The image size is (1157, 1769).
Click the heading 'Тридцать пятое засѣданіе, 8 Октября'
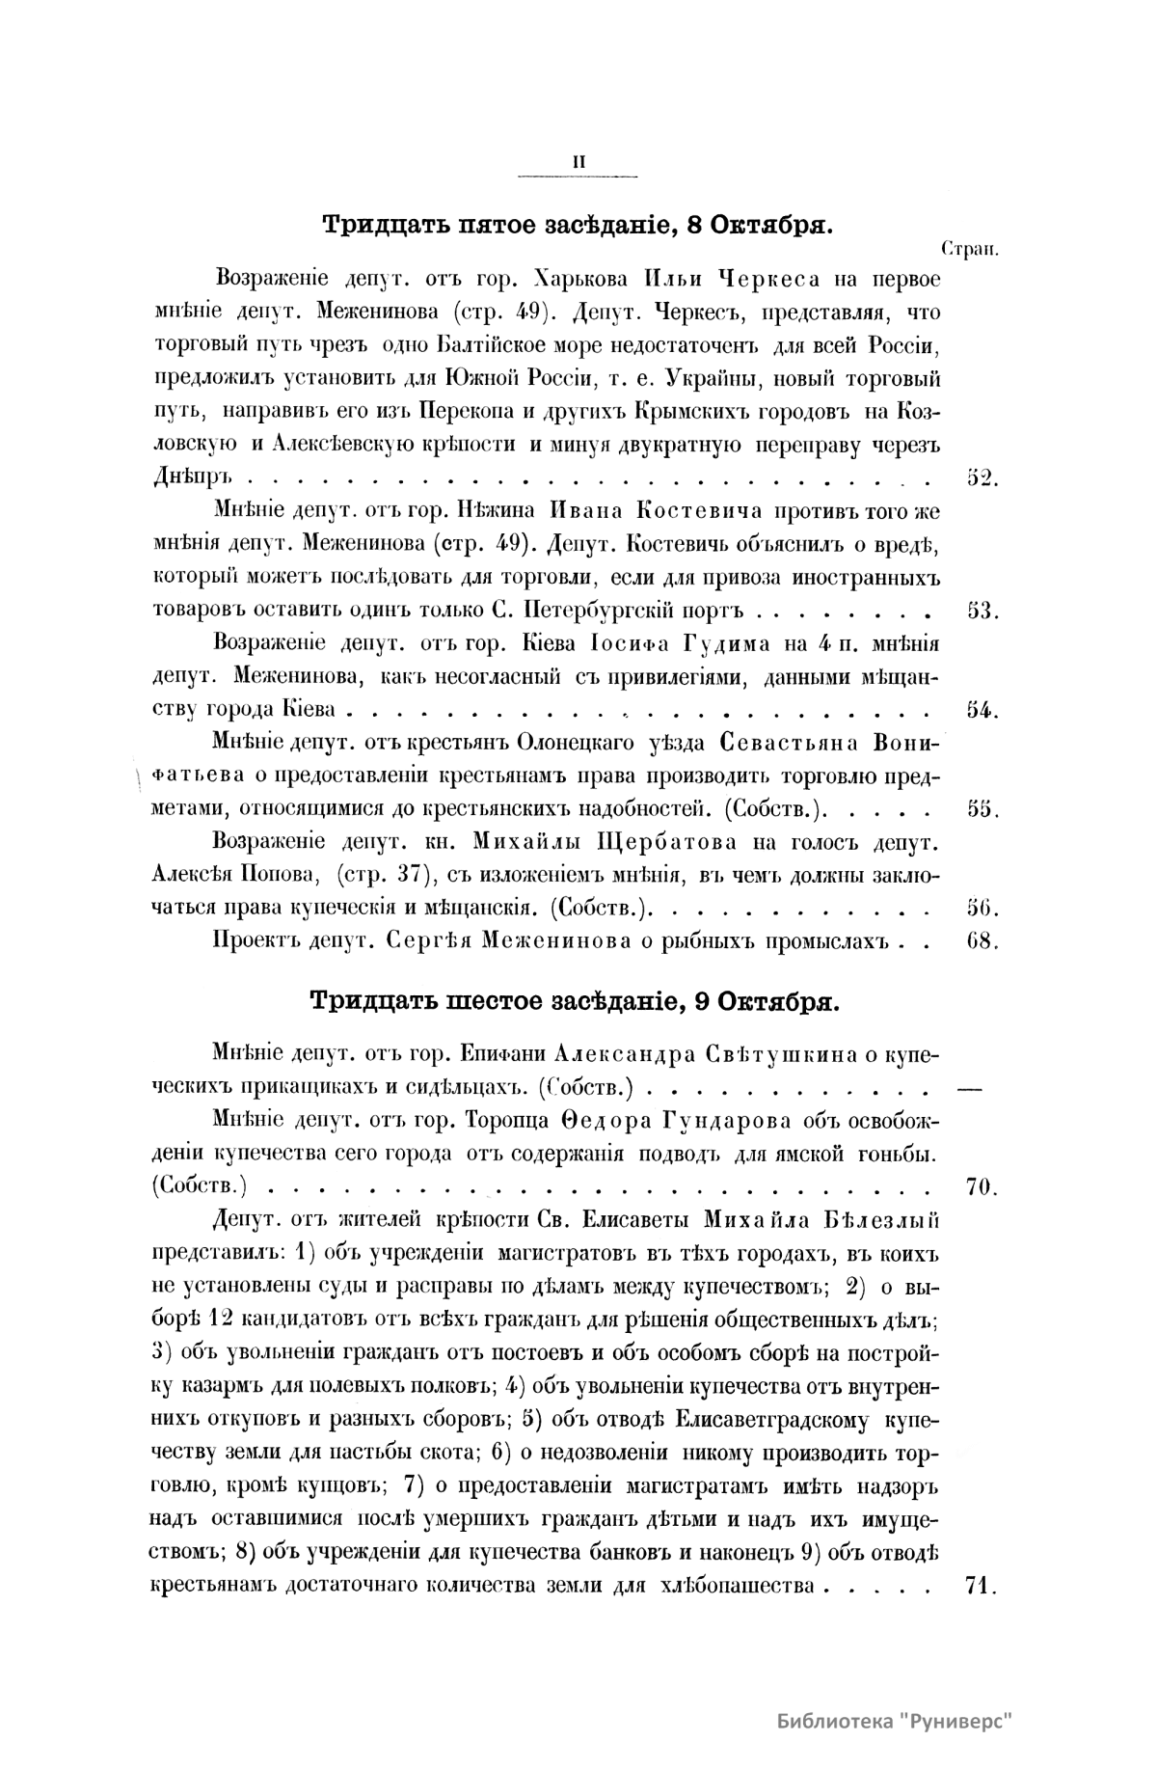click(577, 226)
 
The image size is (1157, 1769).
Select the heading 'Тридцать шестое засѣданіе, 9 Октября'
click(577, 999)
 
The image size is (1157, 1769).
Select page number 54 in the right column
click(981, 710)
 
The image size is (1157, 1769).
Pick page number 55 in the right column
click(981, 809)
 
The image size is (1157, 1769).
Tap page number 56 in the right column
click(981, 908)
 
